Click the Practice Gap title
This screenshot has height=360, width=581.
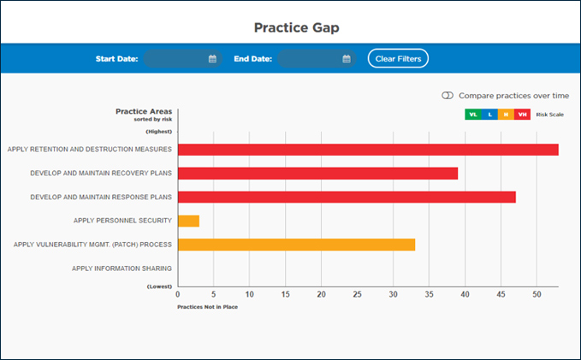pos(290,27)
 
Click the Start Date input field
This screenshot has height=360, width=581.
pos(175,59)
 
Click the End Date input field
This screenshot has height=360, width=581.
pos(310,59)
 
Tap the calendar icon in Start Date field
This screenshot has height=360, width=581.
pos(212,59)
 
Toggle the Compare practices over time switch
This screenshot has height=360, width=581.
pos(448,96)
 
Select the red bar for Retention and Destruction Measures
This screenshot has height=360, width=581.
pos(368,150)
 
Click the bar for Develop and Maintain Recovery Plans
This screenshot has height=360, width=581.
pos(317,174)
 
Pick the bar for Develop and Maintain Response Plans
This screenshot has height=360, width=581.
pos(347,197)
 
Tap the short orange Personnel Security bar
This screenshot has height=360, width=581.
pos(188,221)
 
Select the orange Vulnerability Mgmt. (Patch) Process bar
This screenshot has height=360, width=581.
pos(296,245)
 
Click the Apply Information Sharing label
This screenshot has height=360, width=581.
pos(122,269)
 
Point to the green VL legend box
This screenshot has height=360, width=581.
pos(472,114)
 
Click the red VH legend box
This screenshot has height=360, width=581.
pos(523,114)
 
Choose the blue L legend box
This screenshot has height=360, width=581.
pos(489,114)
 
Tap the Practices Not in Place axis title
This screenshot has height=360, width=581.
pos(207,306)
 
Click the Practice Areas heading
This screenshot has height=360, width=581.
pos(144,111)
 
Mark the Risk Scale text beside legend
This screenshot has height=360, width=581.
pos(549,114)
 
